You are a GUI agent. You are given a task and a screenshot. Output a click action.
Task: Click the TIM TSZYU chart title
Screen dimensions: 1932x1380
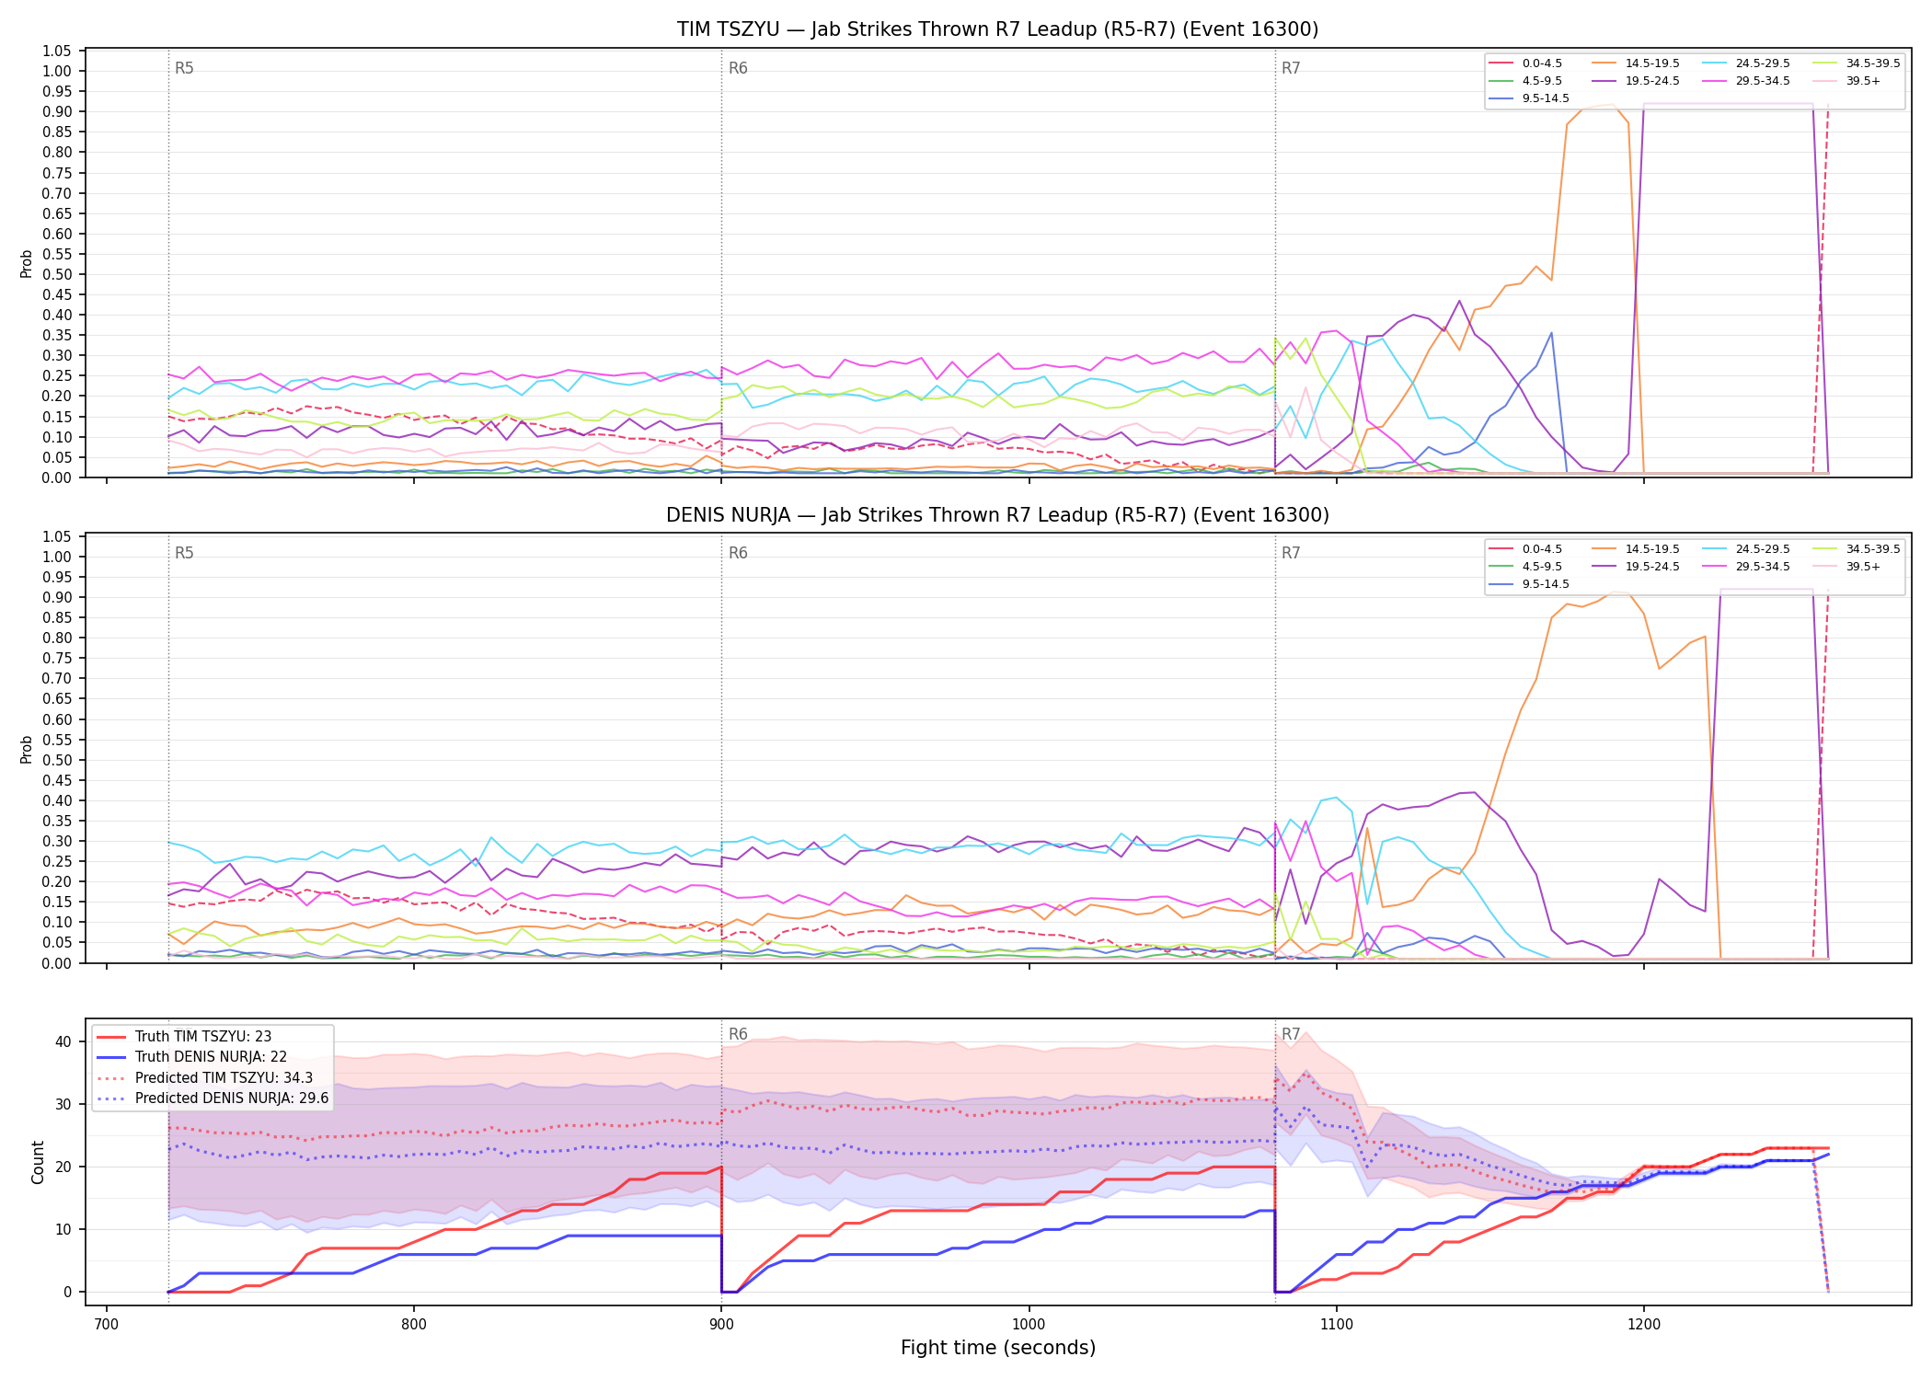click(997, 29)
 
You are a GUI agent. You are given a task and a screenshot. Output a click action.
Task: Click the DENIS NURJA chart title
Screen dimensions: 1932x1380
click(997, 515)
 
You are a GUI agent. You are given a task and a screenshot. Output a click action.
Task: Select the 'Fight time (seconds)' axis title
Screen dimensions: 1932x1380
click(998, 1348)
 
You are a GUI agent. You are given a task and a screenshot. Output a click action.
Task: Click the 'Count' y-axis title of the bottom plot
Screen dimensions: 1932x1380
click(38, 1162)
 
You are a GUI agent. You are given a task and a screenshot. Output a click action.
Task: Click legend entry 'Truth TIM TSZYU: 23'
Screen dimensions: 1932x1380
click(202, 1037)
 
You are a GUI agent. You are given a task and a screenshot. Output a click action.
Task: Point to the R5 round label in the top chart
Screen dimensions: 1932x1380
click(184, 68)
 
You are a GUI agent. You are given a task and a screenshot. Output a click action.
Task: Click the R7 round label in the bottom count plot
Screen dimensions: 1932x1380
click(1291, 1034)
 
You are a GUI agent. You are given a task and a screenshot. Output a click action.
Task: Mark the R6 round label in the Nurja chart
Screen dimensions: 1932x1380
click(738, 553)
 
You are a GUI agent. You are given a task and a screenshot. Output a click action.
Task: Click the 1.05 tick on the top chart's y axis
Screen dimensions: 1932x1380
click(56, 51)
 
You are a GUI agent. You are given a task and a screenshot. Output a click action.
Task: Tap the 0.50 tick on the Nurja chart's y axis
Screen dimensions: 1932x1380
click(56, 760)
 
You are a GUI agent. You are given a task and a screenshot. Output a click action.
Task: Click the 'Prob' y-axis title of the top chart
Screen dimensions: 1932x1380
click(27, 263)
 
